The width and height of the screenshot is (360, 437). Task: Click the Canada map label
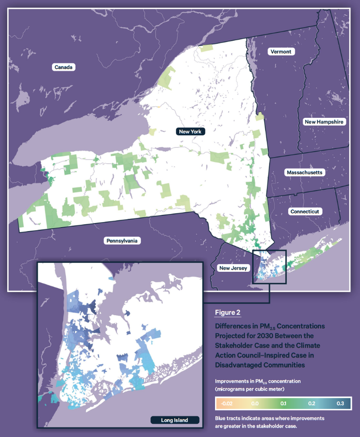[x=63, y=67]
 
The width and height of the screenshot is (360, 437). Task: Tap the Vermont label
[x=281, y=51]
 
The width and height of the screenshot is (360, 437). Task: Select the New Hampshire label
[x=324, y=122]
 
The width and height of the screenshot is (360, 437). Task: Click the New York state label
[x=190, y=131]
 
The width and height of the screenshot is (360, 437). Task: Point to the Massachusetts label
[x=304, y=172]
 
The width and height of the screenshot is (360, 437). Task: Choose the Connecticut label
[x=306, y=211]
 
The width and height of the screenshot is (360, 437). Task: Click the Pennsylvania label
[x=122, y=241]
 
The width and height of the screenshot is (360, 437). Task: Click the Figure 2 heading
[x=228, y=312]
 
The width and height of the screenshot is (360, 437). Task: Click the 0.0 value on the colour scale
[x=255, y=403]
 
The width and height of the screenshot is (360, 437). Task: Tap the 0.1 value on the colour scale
[x=283, y=403]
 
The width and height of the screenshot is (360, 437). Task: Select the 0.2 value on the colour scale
[x=312, y=403]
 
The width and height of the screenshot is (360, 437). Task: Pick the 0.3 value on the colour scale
[x=340, y=403]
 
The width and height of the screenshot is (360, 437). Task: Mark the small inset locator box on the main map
[x=270, y=267]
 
